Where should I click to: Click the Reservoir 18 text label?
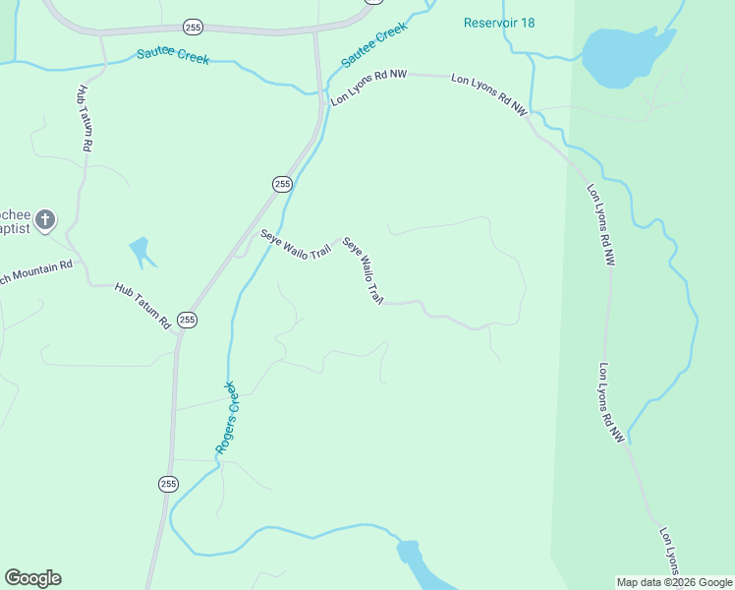point(499,23)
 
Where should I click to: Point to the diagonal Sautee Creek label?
point(374,45)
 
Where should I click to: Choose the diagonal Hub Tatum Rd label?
point(143,305)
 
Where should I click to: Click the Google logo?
point(32,578)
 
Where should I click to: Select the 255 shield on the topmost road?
point(193,27)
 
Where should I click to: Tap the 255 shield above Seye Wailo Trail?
point(282,184)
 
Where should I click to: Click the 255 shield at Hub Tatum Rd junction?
point(188,320)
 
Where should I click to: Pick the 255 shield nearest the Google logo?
point(168,483)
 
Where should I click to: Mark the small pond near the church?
point(142,251)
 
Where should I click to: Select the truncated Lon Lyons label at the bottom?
point(669,551)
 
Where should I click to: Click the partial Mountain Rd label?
point(37,271)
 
